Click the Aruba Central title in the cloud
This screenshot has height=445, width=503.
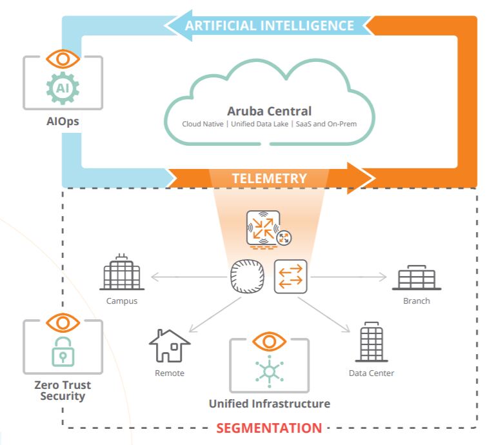(269, 111)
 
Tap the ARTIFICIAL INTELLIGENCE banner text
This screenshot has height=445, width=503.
(269, 26)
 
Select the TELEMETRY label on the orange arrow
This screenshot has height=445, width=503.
(269, 177)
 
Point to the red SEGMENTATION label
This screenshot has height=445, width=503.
(269, 428)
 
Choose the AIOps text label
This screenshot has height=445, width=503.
(63, 121)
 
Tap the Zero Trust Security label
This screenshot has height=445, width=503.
(63, 391)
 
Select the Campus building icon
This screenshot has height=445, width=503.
(122, 274)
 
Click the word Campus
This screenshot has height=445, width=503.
(122, 301)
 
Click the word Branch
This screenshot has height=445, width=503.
(416, 301)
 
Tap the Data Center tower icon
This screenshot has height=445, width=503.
(371, 342)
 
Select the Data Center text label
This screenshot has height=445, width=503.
(371, 373)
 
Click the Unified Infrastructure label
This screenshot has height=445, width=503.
(269, 404)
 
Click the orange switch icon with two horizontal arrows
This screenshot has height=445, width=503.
(290, 277)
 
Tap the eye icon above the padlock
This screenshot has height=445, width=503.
(63, 322)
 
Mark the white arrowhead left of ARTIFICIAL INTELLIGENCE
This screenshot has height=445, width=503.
(172, 26)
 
